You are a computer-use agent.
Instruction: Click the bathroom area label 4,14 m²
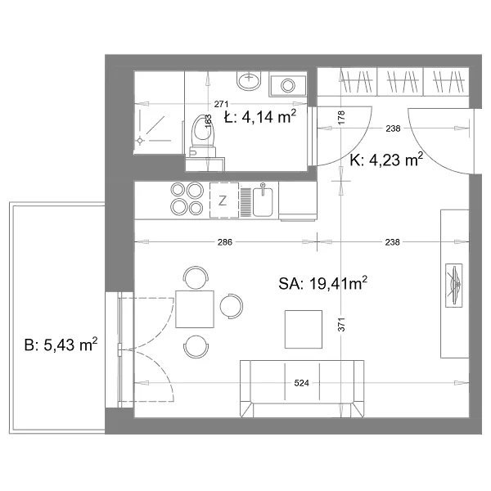[269, 117]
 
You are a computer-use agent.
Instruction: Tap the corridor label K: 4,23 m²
[386, 160]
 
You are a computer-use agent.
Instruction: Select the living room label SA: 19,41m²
[322, 283]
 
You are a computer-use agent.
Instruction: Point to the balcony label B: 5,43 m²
[61, 345]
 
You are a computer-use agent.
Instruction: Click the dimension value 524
[301, 383]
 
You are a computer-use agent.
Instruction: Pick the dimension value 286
[225, 242]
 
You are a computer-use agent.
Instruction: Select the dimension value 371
[341, 324]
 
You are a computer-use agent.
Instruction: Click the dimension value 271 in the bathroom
[221, 104]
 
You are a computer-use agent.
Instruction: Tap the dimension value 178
[341, 117]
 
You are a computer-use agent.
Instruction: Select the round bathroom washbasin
[249, 80]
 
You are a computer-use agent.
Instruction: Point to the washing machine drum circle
[288, 85]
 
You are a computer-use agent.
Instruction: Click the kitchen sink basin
[263, 202]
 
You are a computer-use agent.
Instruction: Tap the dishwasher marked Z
[224, 200]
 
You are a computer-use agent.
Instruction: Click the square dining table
[195, 309]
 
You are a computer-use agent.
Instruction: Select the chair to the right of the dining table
[232, 306]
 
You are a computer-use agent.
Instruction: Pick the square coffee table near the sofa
[304, 329]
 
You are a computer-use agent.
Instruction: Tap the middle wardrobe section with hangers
[400, 81]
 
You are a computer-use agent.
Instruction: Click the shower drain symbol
[140, 141]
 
